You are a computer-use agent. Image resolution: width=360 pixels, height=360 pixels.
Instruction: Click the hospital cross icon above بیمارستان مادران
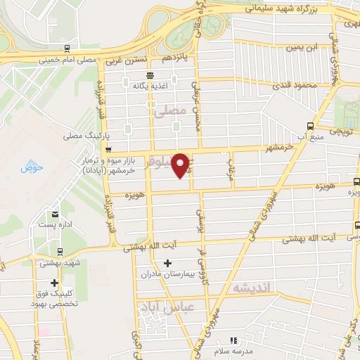[167, 263]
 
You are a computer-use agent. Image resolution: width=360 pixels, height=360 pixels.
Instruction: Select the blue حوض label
[32, 167]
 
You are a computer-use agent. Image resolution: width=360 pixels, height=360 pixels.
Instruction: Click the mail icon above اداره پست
[54, 214]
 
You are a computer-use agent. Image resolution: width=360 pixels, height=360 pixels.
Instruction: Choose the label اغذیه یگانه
[149, 86]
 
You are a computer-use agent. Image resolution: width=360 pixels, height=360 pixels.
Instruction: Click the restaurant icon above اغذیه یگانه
[149, 76]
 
